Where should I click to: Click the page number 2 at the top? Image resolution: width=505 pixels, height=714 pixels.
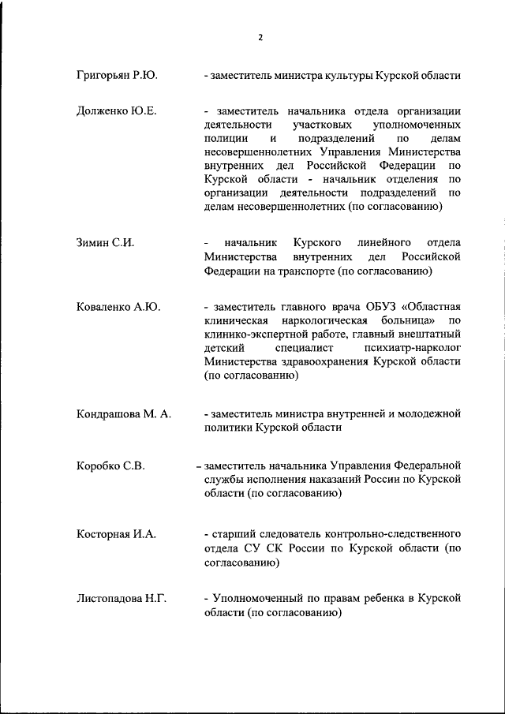[x=260, y=37]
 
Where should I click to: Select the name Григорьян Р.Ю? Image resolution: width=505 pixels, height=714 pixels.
[x=117, y=76]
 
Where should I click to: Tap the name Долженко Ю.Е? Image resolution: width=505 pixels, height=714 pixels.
[x=117, y=110]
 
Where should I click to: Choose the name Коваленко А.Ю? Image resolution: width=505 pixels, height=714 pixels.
[x=118, y=307]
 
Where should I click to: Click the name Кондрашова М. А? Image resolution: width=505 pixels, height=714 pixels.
[x=124, y=414]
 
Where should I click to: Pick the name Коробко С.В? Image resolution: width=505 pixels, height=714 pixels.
[x=110, y=465]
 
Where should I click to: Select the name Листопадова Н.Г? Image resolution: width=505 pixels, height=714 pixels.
[x=122, y=599]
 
